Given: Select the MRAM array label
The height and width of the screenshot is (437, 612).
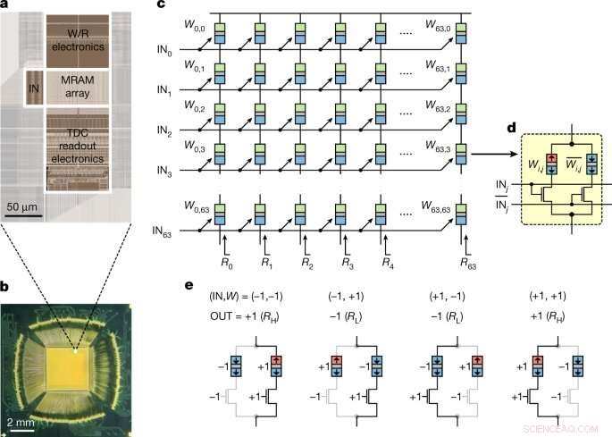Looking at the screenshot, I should point(75,88).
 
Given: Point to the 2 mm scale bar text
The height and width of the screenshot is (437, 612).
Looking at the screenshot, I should point(22,418).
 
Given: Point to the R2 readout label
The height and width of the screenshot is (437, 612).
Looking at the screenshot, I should point(306,265).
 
